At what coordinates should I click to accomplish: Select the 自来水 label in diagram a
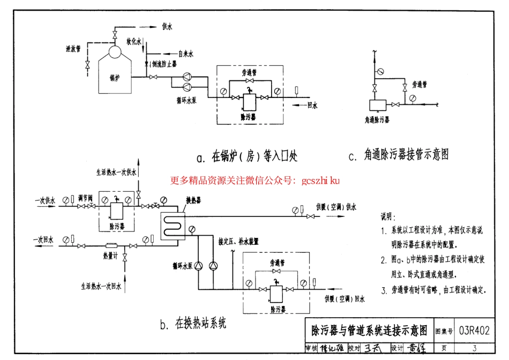tap(186, 54)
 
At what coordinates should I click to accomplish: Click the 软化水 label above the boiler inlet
tap(133, 41)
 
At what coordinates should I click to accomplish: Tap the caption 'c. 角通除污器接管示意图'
tap(398, 155)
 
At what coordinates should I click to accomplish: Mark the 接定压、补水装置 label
tap(238, 242)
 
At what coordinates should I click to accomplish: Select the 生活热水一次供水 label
tap(117, 172)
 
